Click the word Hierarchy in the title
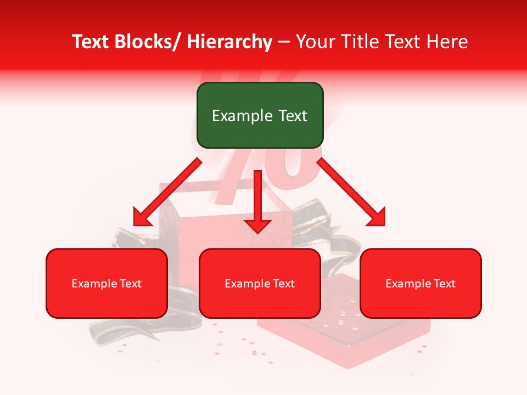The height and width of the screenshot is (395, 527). point(229,42)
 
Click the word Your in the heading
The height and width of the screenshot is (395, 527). point(314,42)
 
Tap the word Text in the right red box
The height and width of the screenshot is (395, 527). point(444,284)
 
